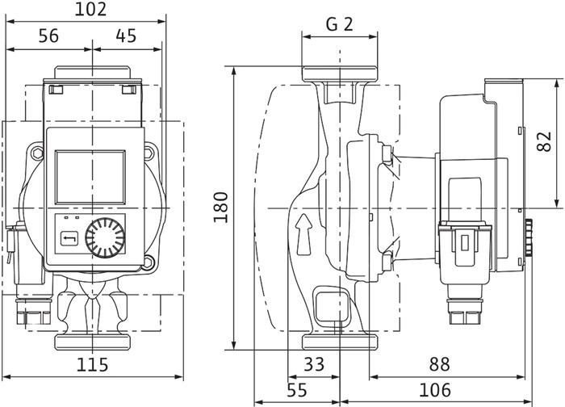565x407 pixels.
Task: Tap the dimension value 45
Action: coord(126,36)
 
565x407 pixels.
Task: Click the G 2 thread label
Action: coord(340,23)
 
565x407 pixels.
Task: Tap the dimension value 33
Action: coord(315,365)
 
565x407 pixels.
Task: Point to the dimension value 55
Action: coord(298,390)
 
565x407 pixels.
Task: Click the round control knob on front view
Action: coord(105,237)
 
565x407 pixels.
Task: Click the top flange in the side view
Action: coord(340,73)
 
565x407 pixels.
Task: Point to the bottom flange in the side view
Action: coord(340,342)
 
